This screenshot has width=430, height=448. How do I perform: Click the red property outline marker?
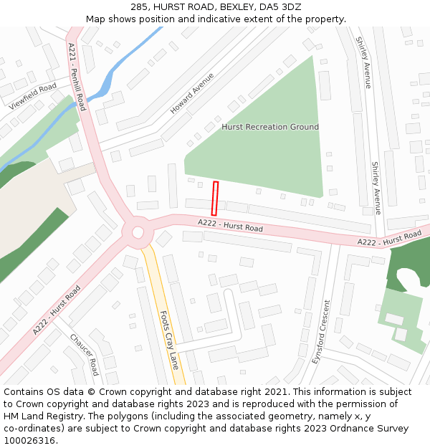214,199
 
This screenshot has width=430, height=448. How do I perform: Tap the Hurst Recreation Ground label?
270,127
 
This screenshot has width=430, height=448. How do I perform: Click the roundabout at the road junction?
137,232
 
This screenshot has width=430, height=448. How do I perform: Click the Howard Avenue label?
192,94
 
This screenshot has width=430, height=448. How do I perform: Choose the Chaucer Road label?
85,354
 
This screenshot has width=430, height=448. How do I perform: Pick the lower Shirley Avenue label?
376,183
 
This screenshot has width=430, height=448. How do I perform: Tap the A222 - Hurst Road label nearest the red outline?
231,226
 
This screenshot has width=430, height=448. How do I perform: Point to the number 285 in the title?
139,7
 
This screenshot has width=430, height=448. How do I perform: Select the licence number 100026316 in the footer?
29,440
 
